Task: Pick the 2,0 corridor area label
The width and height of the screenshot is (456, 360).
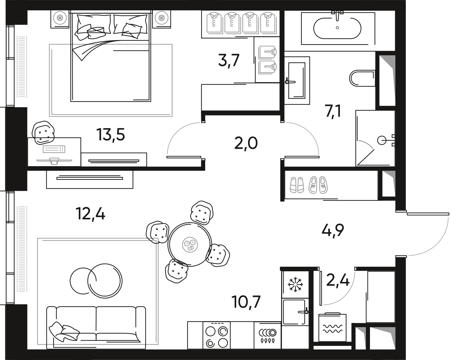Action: (x=246, y=143)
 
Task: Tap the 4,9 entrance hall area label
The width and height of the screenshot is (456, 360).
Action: (x=333, y=231)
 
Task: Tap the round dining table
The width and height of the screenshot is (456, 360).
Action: (x=189, y=244)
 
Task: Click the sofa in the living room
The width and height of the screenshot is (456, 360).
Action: (x=96, y=324)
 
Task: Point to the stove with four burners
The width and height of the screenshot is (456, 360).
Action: (x=216, y=337)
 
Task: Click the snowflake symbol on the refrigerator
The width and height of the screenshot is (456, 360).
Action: (x=294, y=285)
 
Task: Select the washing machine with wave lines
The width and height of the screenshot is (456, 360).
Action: (x=332, y=327)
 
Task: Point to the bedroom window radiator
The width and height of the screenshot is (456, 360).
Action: (x=22, y=67)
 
